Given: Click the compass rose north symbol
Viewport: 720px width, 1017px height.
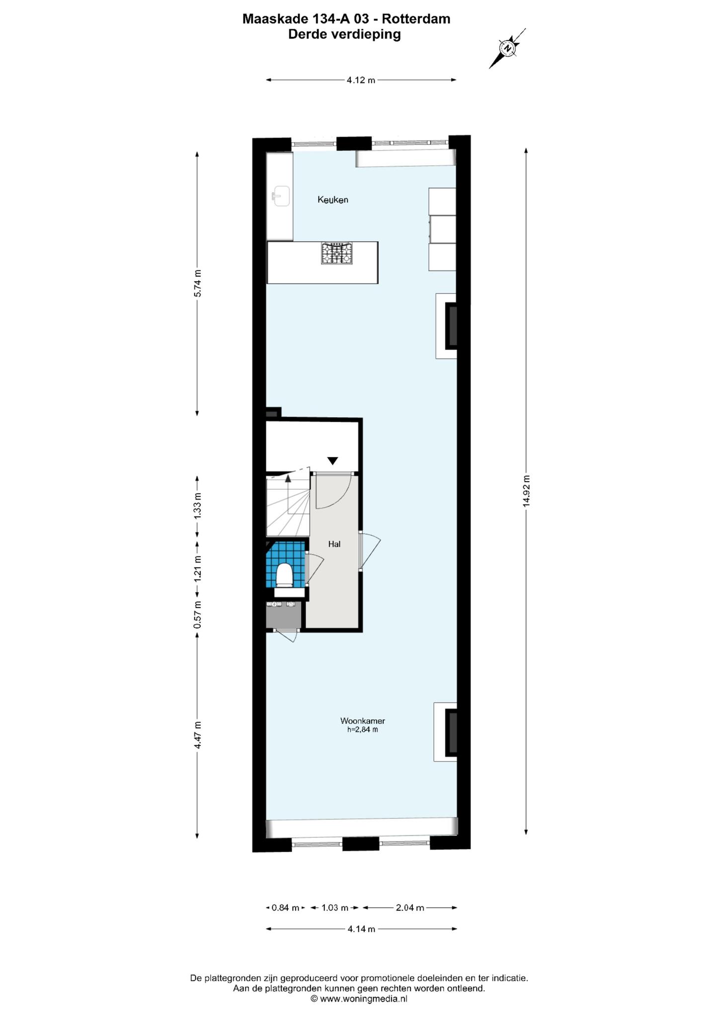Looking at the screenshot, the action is click(508, 48).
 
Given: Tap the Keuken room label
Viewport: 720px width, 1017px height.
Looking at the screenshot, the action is click(333, 200).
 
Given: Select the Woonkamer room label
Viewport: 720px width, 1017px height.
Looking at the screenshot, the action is click(363, 721).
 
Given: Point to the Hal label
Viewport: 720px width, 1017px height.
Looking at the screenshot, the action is click(334, 544).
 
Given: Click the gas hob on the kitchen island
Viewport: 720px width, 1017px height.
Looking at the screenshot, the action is click(337, 253).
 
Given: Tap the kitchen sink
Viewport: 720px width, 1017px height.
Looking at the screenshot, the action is click(281, 196).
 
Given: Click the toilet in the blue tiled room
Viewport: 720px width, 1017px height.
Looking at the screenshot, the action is click(284, 575).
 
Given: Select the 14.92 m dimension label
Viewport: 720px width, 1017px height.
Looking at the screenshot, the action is click(527, 491).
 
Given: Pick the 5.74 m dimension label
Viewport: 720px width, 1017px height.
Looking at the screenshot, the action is click(198, 284).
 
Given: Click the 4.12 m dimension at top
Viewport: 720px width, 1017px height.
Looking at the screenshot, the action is click(361, 80).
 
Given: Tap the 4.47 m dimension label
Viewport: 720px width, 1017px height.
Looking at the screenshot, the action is click(198, 735).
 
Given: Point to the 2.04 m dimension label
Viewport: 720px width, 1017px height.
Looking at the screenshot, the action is click(410, 908).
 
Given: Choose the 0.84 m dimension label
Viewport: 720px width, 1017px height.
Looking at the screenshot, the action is click(286, 908).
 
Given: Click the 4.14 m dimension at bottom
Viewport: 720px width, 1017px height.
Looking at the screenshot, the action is click(361, 929).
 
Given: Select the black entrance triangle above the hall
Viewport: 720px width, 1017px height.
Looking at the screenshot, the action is click(332, 461).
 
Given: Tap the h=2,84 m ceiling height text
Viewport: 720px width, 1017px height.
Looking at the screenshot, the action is click(363, 729).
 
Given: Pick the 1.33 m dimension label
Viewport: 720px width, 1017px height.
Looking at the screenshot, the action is click(198, 506).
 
